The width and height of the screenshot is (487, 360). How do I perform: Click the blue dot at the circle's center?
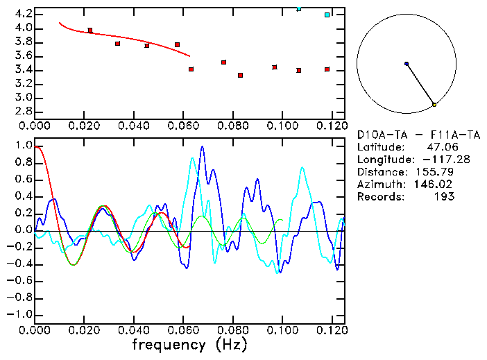point(407,64)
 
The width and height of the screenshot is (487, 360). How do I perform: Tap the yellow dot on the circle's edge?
point(434,105)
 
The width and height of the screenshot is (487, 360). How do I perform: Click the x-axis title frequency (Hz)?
point(189,345)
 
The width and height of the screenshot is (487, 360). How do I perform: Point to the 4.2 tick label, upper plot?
point(23,14)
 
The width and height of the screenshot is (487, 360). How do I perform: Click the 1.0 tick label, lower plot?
point(23,146)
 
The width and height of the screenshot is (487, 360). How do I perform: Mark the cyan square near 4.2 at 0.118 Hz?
point(327,15)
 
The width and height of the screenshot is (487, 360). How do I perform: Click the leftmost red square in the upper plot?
point(90,31)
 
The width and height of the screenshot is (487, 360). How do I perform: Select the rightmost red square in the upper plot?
point(327,69)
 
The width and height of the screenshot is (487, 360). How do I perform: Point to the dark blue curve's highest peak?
point(203,147)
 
